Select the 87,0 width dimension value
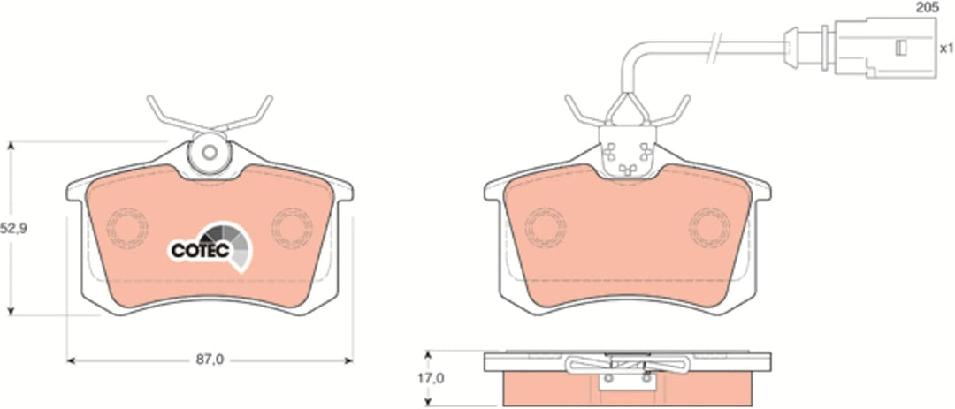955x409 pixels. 210,360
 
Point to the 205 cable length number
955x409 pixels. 927,8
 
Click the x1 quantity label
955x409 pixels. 946,48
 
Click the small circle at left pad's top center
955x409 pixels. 210,152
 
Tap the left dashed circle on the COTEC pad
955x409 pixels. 127,228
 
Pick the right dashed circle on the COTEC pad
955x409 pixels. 292,228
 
